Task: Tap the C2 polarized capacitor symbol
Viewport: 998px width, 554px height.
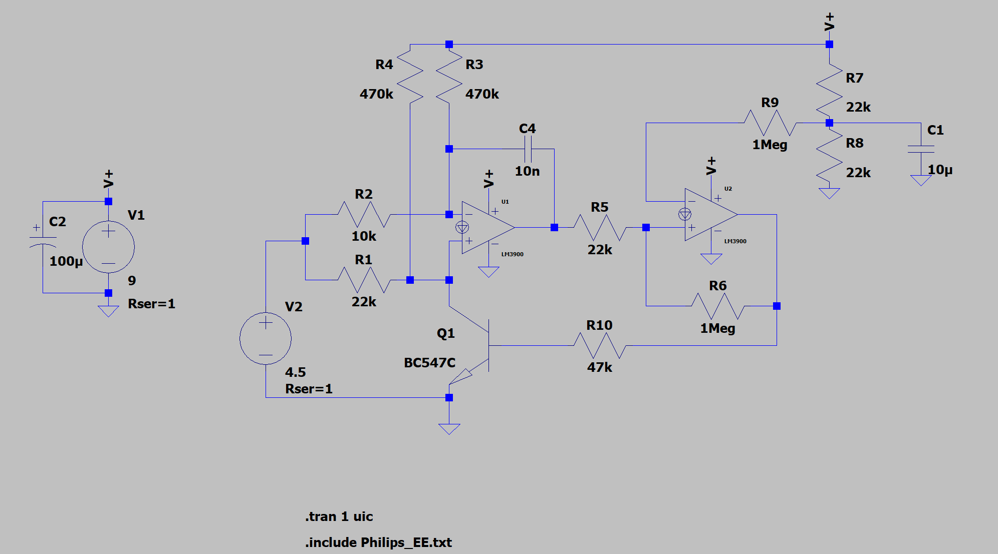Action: point(43,240)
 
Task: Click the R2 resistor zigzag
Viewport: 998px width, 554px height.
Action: point(364,214)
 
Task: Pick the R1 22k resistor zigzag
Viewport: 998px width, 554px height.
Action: point(364,280)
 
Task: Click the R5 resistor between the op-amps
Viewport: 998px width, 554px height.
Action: point(600,227)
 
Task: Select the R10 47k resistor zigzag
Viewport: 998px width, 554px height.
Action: point(600,345)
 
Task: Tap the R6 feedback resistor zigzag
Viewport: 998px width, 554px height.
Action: point(718,306)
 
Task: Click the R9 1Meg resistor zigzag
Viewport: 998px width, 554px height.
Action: point(770,123)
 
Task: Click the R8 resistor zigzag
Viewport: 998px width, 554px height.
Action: point(829,156)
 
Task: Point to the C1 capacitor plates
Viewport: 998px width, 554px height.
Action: point(921,149)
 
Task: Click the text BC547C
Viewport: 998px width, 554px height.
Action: point(430,362)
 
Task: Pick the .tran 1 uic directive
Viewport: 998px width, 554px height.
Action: point(339,516)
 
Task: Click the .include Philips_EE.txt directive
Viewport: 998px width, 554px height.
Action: point(378,542)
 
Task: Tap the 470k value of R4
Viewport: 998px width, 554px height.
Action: point(376,94)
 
